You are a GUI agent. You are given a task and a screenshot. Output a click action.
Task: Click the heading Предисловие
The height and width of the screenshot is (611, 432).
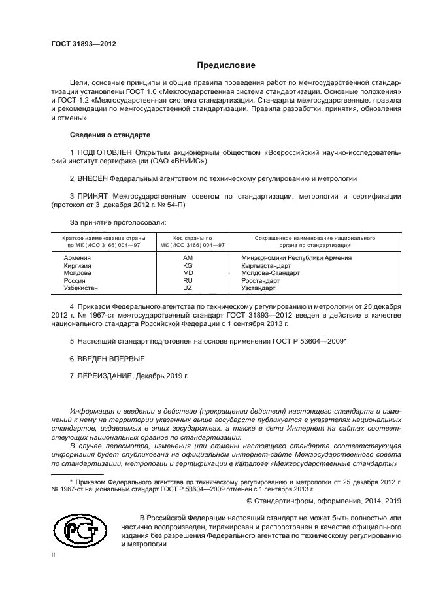point(226,65)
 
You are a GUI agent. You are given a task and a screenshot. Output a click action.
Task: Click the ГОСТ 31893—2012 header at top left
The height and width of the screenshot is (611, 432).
point(84,44)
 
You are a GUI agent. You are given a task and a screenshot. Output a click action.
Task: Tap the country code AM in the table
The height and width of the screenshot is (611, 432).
point(188,258)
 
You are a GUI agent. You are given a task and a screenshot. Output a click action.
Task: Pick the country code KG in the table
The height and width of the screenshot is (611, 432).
point(188,265)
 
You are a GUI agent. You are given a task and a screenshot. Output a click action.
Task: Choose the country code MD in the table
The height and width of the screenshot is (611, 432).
point(188,273)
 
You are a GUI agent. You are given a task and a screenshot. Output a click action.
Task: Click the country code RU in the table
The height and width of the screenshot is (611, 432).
point(188,280)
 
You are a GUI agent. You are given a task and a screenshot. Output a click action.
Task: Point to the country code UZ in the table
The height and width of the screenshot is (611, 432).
point(188,288)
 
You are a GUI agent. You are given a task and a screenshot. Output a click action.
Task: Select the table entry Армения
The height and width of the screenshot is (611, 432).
point(77,258)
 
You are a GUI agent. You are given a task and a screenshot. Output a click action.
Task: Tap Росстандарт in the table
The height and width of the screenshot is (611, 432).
point(260,280)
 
